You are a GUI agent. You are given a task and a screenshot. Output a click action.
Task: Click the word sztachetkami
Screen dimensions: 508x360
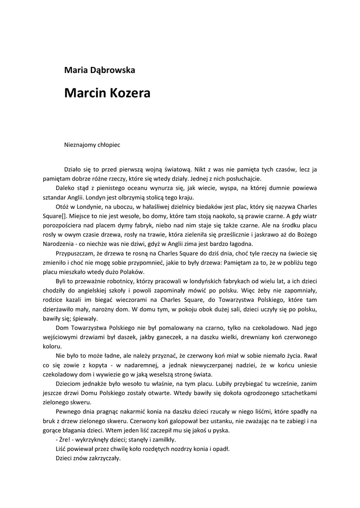coord(302,393)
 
